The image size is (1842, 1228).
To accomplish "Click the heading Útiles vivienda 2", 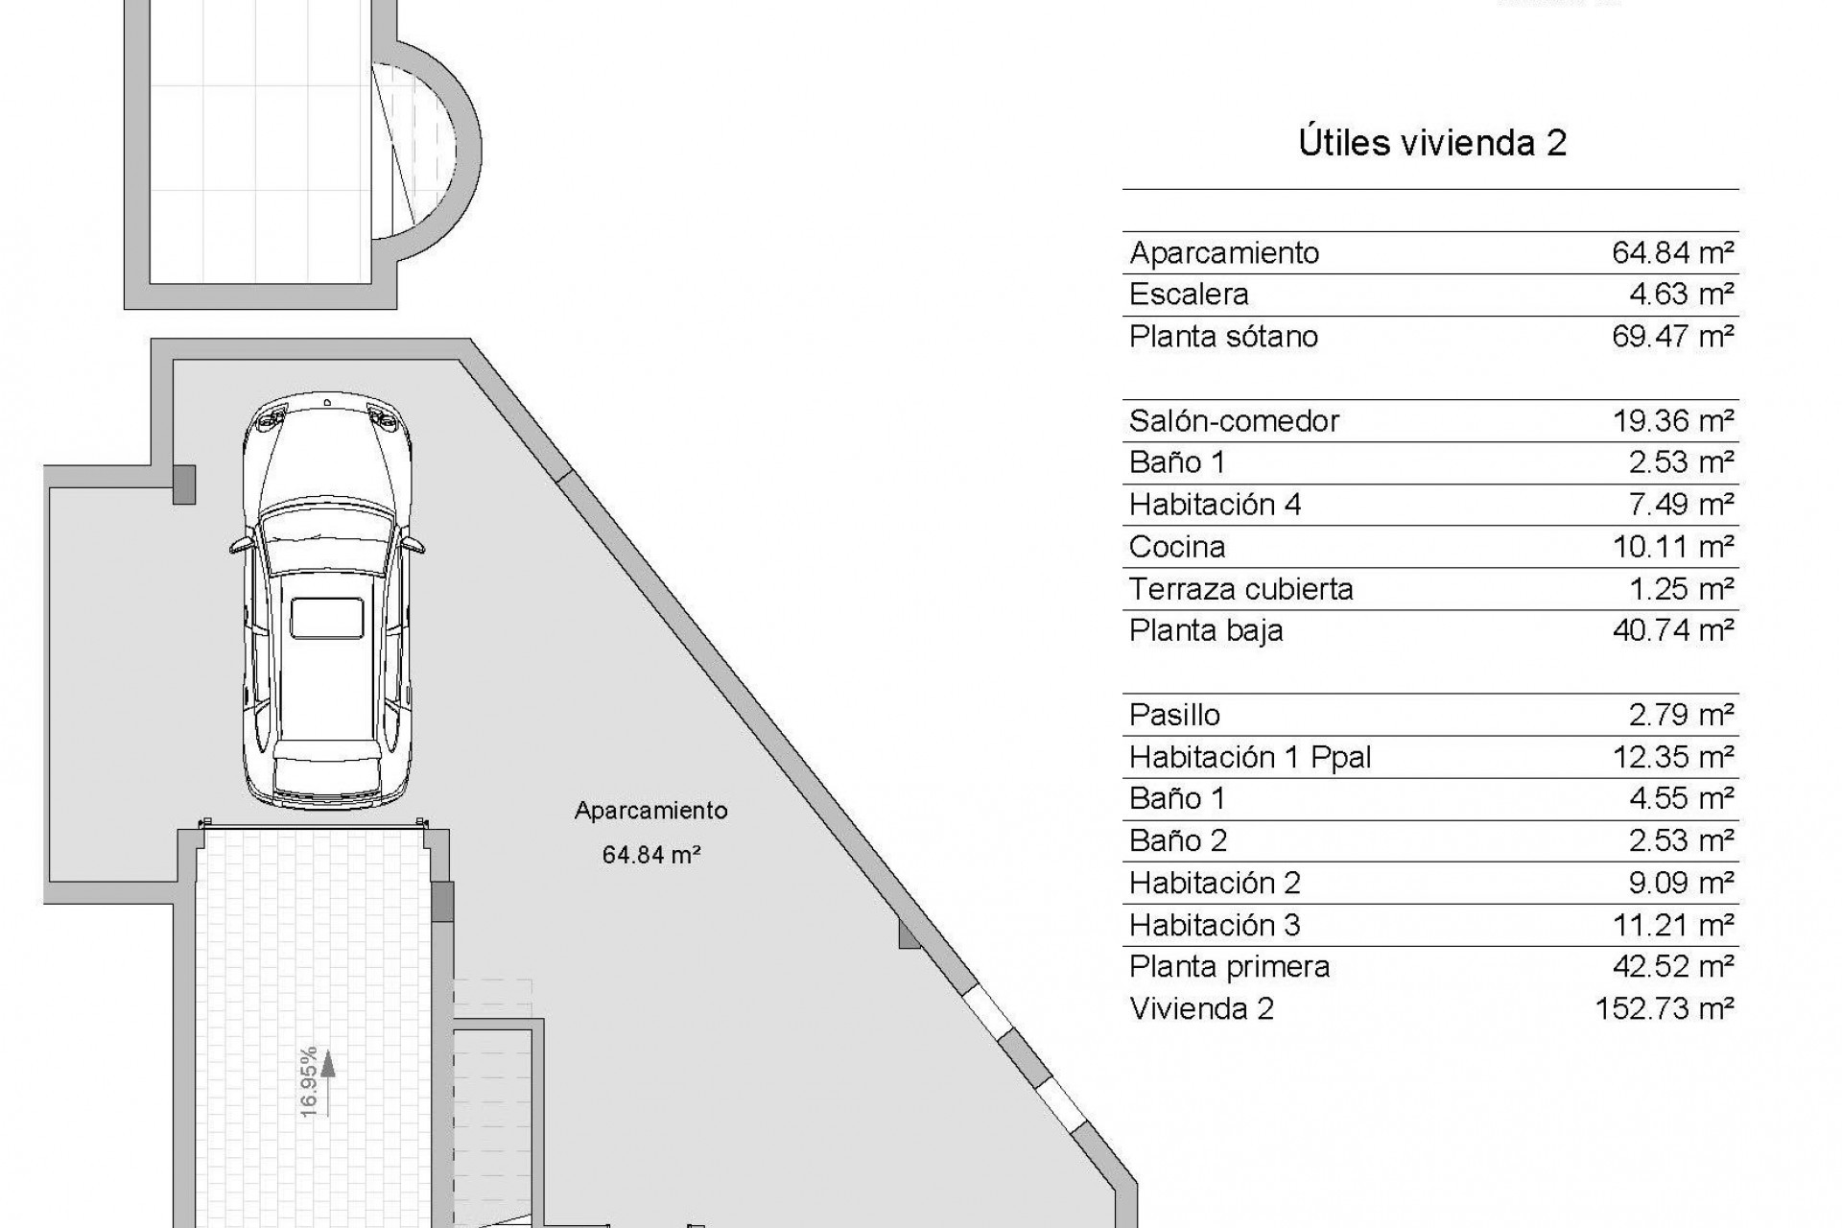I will click(x=1431, y=143).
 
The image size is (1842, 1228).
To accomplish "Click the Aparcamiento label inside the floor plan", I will click(x=650, y=811).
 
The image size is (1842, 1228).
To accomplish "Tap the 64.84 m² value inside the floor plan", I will click(x=650, y=854).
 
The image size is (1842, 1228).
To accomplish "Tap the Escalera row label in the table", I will click(x=1189, y=295).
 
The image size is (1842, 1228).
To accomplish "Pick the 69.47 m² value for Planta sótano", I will click(x=1672, y=337).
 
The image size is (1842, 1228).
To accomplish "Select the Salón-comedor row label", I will click(x=1234, y=421).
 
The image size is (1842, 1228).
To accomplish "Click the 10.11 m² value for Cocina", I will click(x=1672, y=547).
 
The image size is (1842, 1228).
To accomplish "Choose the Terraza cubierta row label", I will click(x=1240, y=589).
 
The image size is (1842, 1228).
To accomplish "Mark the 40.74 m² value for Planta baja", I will click(x=1672, y=630).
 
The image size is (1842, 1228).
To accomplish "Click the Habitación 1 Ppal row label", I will click(x=1250, y=757).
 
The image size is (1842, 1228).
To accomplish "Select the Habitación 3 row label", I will click(x=1215, y=925).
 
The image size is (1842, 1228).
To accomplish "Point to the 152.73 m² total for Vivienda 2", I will click(x=1665, y=1008).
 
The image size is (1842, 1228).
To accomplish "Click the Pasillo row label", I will click(x=1174, y=715).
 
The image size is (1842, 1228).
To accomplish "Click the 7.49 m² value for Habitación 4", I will click(x=1680, y=505).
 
